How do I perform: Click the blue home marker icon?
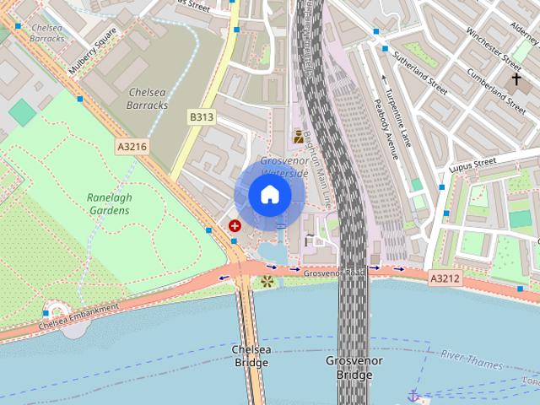[x=269, y=196]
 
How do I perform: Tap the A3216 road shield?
[x=132, y=147]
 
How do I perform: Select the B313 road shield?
[x=201, y=117]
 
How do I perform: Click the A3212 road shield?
[x=445, y=278]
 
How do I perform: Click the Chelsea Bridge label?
[x=250, y=356]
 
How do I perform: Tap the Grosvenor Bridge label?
[x=354, y=367]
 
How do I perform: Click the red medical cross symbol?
[x=234, y=226]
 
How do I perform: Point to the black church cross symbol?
[x=516, y=79]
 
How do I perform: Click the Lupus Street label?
[x=473, y=162]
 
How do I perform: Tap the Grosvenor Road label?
[x=334, y=273]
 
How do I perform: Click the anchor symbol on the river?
[x=413, y=395]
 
